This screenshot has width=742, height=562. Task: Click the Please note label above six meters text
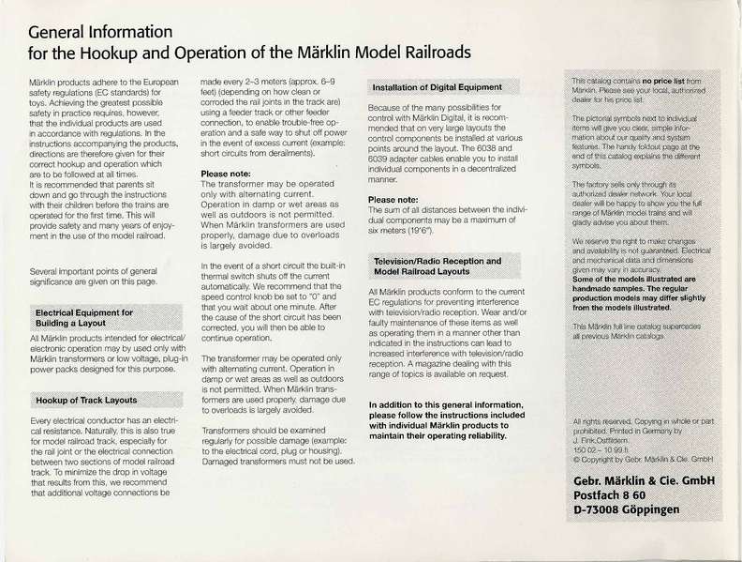[393, 200]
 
